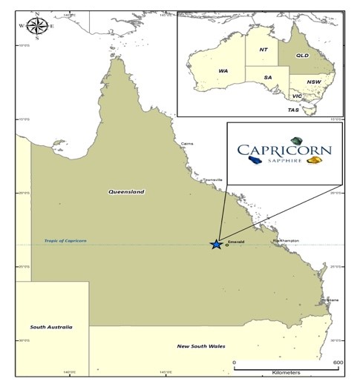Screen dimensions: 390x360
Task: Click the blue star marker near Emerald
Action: click(216, 244)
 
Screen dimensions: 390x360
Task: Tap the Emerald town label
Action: click(237, 242)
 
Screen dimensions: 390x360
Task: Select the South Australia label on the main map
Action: click(51, 326)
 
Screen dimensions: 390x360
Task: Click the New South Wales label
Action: click(202, 346)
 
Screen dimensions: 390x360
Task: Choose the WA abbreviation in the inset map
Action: click(223, 70)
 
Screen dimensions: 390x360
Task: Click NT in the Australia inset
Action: click(263, 50)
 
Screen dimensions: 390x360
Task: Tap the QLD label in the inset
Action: click(302, 56)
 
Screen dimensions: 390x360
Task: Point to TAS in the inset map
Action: click(294, 110)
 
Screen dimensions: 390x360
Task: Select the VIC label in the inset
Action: click(295, 96)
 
